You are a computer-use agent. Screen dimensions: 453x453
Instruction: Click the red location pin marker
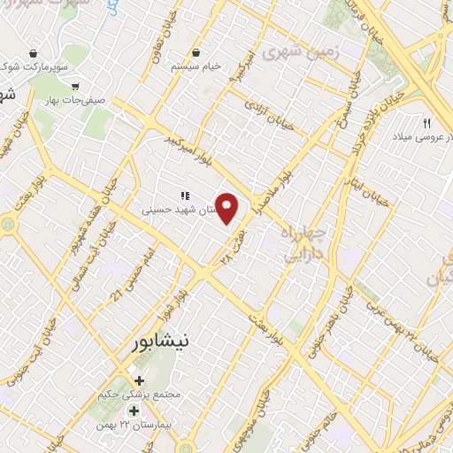(x=228, y=209)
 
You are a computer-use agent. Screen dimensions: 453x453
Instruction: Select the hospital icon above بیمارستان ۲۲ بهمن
(x=134, y=411)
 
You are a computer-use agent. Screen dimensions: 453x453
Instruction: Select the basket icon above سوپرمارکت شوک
(x=33, y=53)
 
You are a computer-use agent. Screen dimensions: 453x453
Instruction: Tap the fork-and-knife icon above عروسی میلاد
(x=427, y=122)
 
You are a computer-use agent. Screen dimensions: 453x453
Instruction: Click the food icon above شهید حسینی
(x=184, y=196)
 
